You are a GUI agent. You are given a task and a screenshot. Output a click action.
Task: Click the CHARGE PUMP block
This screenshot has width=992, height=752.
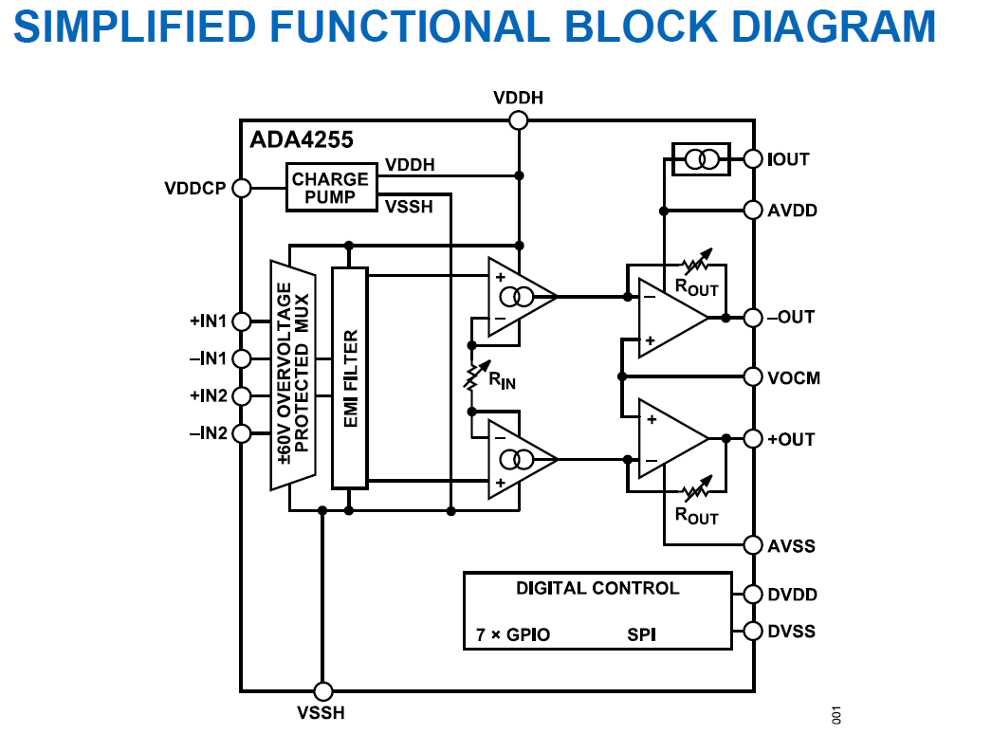pos(331,187)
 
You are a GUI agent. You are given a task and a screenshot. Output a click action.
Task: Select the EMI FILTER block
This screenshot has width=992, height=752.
pos(349,377)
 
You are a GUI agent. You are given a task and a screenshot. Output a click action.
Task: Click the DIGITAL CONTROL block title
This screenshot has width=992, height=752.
pos(597,588)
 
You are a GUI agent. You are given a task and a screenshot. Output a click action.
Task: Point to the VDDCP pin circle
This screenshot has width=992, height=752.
pos(241,188)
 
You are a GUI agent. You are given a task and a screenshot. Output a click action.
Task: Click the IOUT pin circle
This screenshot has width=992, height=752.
pos(754,158)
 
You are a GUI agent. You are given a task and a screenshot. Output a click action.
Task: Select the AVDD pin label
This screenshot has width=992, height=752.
pos(792,210)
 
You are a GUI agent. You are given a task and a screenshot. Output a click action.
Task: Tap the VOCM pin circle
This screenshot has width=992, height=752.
pos(754,377)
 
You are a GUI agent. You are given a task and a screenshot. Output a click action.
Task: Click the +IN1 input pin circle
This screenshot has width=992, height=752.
pos(241,321)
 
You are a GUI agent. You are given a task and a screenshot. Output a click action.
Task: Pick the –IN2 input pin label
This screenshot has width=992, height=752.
pos(209,433)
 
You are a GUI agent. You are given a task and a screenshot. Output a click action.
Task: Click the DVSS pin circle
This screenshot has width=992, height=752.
pos(754,632)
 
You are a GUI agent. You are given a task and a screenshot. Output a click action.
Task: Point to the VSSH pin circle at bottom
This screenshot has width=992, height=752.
pos(323,691)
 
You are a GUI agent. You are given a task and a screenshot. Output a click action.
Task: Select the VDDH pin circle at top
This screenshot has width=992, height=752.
pos(518,119)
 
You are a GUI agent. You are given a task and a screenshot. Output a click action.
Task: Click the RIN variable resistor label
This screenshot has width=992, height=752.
pos(503,382)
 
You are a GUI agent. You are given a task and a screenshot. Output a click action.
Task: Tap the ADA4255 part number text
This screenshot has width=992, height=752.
pos(302,140)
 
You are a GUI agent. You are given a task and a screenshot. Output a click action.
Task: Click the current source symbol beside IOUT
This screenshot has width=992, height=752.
pos(701,159)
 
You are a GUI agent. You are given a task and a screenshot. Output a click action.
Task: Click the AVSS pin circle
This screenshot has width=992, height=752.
pos(754,545)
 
